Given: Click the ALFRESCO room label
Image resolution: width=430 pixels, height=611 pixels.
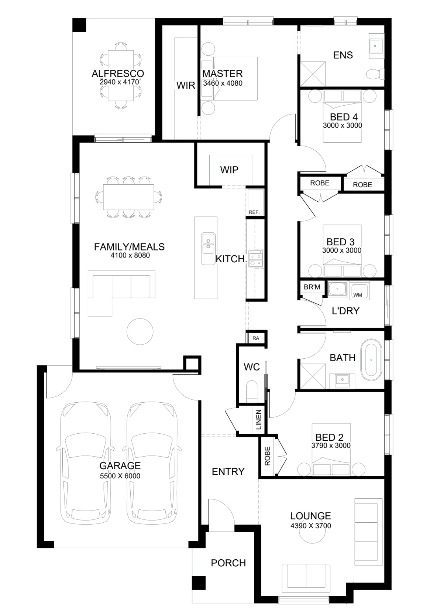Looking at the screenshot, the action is click(118, 74).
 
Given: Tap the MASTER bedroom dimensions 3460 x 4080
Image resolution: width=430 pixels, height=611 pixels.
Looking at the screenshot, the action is click(223, 83).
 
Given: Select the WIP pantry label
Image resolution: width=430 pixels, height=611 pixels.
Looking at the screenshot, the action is click(229, 170).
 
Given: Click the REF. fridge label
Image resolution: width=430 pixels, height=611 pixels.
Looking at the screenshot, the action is click(254, 212).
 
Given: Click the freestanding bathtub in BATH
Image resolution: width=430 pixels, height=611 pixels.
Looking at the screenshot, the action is click(371, 360).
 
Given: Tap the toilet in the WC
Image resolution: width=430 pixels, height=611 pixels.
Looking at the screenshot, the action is click(251, 392).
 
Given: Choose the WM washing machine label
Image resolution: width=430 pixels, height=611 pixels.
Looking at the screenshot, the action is click(358, 295).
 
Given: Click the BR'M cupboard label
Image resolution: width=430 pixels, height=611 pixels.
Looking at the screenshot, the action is click(312, 287).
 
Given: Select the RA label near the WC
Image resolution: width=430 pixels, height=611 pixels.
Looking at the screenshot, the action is click(256, 338).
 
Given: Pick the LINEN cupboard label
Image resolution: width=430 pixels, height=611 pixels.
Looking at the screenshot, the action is click(258, 420).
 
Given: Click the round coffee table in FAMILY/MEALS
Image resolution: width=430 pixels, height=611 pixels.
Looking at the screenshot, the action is click(140, 331).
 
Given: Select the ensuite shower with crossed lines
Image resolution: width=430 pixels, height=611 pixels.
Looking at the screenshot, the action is click(313, 74).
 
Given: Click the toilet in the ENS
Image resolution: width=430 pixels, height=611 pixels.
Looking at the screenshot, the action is click(375, 74).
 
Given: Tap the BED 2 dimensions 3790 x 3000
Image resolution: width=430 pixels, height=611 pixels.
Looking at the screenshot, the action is click(331, 446).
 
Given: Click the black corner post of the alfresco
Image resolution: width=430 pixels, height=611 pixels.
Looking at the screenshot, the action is click(79, 25).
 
